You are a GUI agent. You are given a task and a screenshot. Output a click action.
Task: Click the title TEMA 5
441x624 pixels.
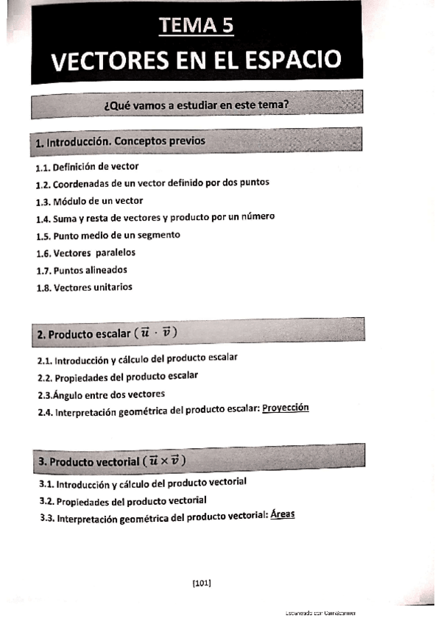coord(197,26)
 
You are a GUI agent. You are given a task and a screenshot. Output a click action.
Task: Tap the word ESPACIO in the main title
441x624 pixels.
coord(294,59)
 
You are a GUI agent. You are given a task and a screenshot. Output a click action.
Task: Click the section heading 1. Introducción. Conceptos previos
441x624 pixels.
coord(121,141)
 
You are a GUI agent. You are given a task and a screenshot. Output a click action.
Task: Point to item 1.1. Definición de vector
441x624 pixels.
coord(87,166)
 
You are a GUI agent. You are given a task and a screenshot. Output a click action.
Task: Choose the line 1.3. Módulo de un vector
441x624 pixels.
coord(89,200)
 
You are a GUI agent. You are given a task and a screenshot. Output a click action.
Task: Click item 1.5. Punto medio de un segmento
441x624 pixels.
coord(108,235)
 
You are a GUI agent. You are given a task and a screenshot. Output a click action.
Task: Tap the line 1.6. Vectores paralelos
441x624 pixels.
coord(85,252)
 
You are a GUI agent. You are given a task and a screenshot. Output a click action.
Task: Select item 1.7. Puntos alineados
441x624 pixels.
coord(81,269)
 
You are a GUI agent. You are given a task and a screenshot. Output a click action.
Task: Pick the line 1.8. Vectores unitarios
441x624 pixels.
coord(85,287)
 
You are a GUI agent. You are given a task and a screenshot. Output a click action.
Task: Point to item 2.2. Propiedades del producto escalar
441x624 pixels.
coord(118,376)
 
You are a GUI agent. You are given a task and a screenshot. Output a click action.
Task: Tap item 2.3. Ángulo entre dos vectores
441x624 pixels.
coord(102,394)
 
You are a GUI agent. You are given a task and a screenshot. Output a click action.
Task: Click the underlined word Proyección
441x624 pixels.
coord(286,408)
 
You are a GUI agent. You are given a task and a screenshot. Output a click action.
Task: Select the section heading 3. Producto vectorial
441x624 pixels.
coord(112,461)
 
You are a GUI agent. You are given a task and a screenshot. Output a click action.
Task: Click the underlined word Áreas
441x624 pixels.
coord(283,514)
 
